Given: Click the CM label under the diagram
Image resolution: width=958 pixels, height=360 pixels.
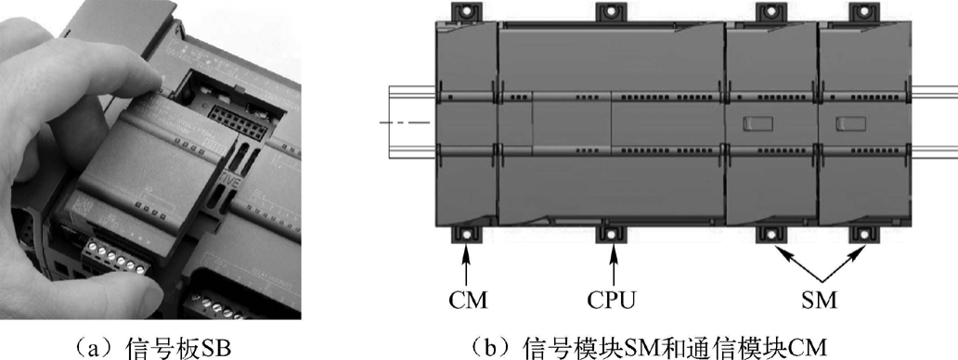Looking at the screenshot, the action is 468,301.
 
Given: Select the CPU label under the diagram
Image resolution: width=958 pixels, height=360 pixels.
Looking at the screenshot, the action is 612,301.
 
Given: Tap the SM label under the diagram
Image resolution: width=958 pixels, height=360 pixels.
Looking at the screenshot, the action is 821,301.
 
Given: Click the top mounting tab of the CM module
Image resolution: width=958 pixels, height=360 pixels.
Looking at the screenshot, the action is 466,11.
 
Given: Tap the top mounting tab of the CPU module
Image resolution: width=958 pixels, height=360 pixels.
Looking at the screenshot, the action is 612,11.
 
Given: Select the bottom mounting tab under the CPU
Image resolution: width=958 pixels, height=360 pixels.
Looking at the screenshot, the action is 612,235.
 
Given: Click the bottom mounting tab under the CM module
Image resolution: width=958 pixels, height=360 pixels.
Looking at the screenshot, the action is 466,235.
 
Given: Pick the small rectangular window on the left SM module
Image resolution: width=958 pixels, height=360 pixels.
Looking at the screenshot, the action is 757,123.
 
